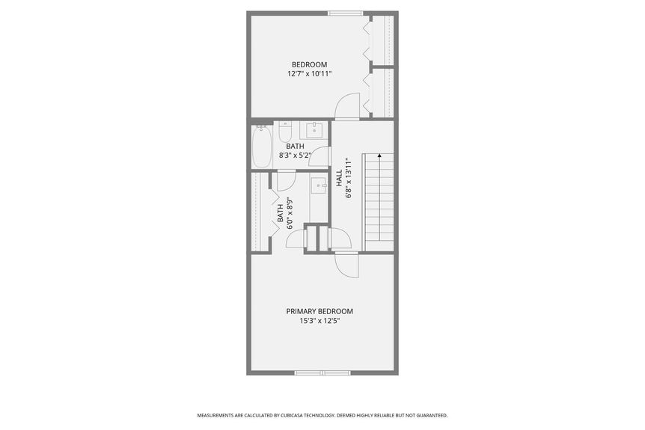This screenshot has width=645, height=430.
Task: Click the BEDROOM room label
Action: point(309,64)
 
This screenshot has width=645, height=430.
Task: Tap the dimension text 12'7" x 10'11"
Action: point(309,74)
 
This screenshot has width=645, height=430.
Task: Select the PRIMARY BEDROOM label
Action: point(320,312)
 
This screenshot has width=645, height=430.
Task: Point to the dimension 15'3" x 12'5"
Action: point(320,322)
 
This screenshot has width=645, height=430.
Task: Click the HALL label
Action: point(340,178)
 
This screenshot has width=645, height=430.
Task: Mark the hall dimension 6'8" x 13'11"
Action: point(349,178)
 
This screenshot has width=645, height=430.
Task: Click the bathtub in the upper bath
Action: point(262,147)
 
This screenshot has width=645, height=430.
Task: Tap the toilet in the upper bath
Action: point(285,132)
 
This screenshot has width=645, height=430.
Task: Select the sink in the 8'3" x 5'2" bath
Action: point(315,130)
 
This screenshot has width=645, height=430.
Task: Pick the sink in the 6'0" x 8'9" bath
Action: point(319,185)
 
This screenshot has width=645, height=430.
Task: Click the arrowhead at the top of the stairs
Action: point(379,156)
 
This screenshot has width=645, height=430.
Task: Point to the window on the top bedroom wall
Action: point(346,13)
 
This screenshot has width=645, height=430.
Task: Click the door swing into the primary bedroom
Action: point(346,266)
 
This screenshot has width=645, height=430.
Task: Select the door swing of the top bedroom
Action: point(346,106)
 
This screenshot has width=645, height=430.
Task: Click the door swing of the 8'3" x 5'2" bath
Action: point(320,156)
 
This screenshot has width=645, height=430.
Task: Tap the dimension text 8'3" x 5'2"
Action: point(296,156)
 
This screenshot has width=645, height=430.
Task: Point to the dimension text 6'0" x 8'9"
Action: point(290,213)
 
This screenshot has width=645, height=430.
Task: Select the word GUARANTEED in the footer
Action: point(433,416)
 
